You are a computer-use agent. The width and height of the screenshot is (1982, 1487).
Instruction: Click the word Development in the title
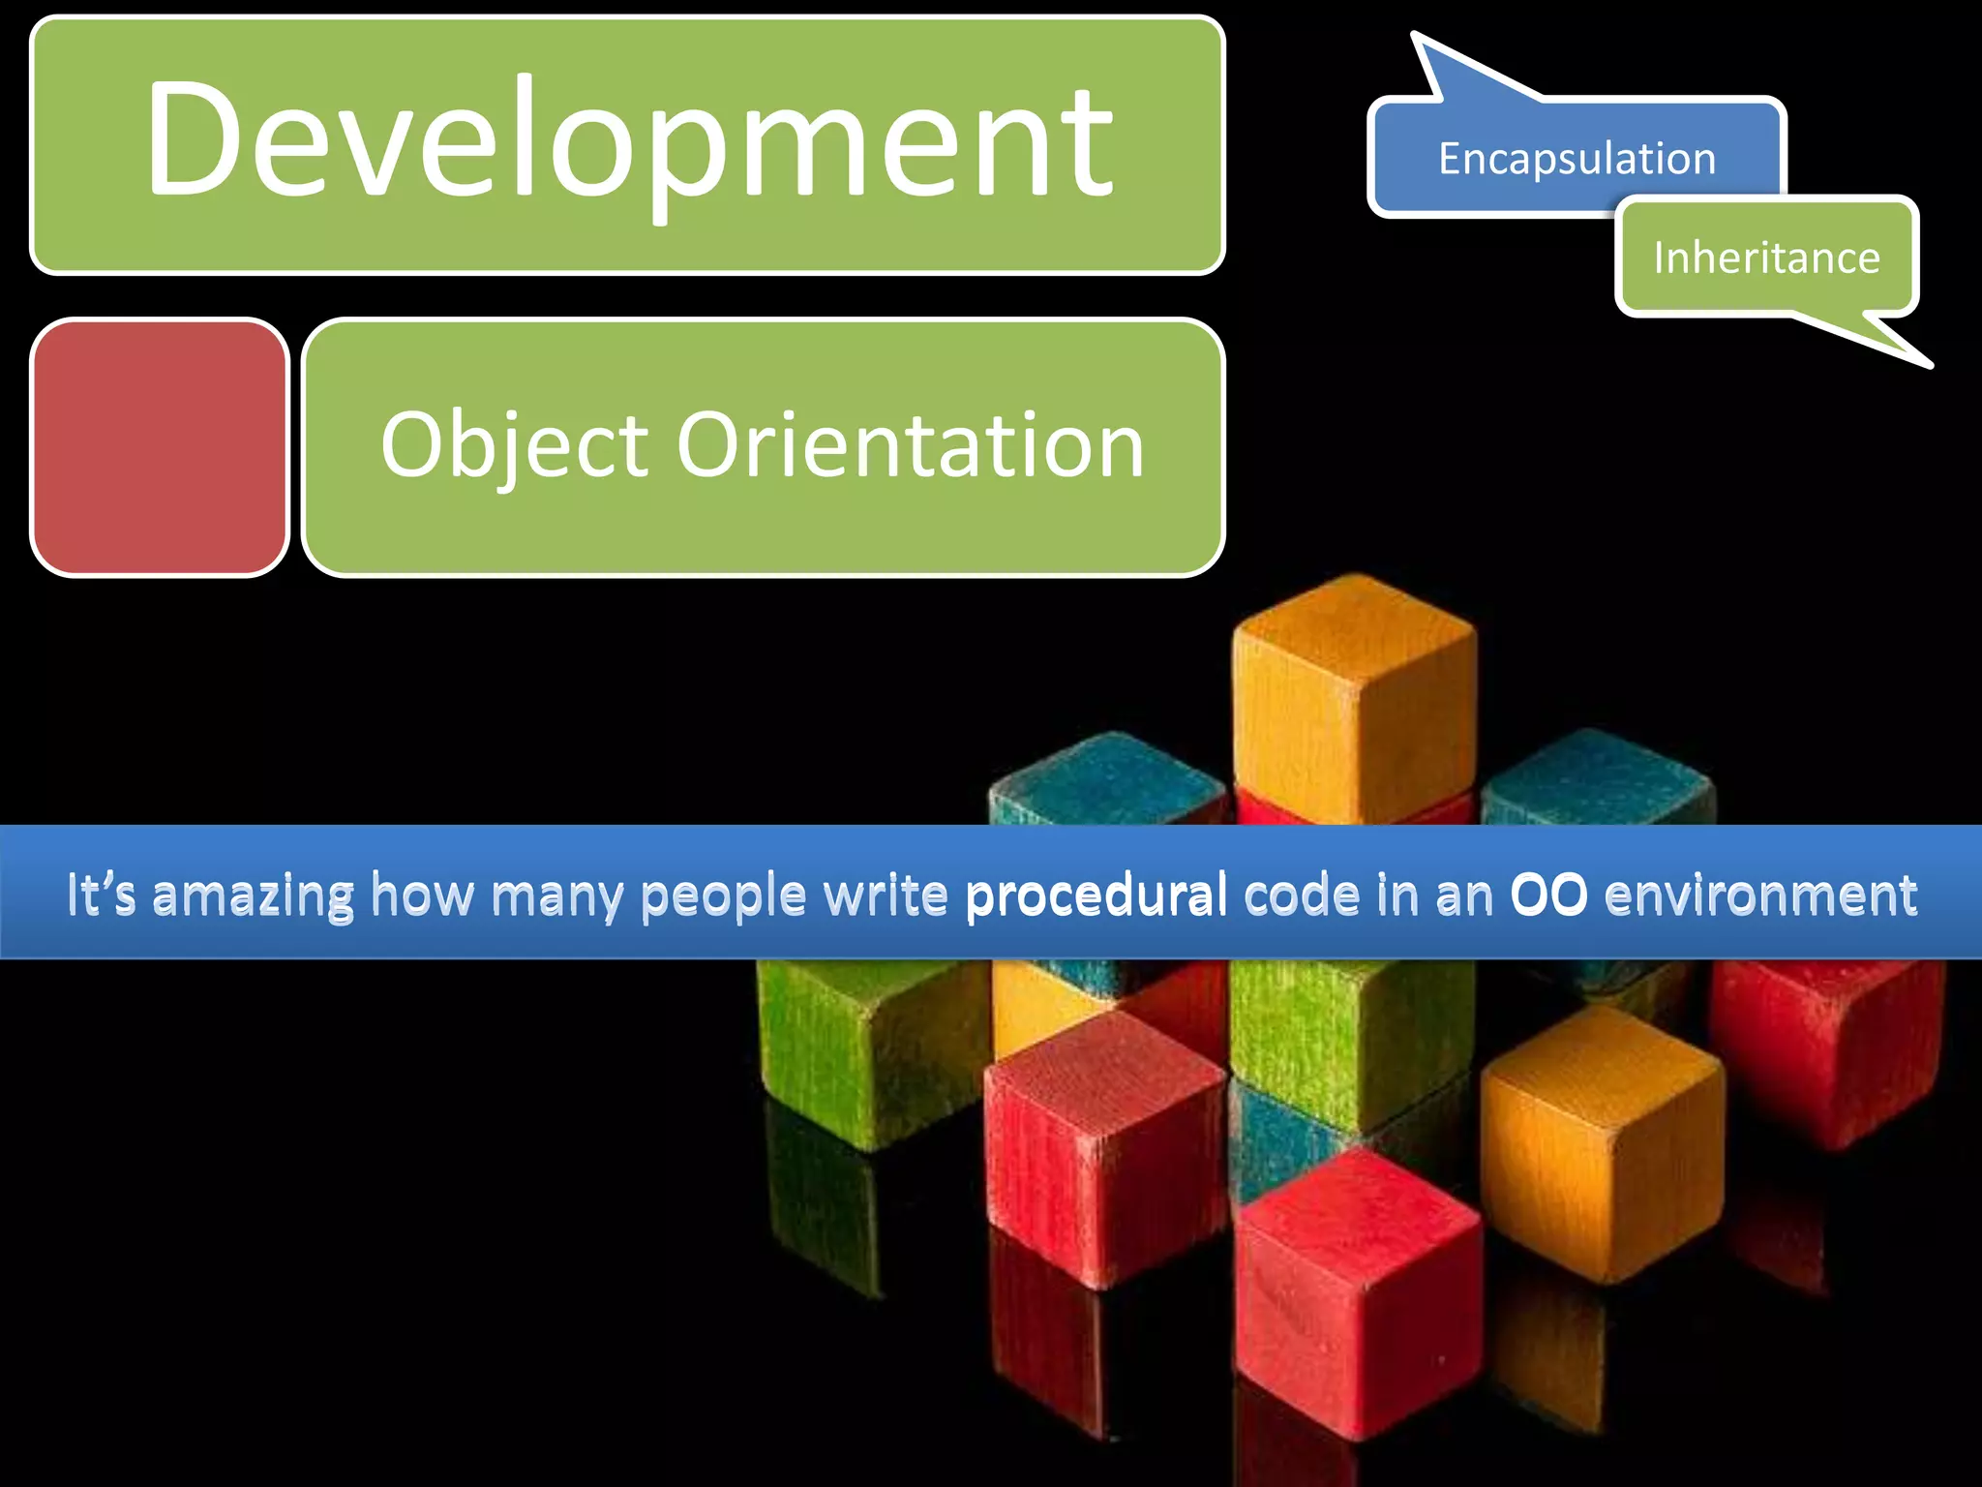coord(629,140)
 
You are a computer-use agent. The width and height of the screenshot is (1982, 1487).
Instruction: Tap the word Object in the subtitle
coord(514,445)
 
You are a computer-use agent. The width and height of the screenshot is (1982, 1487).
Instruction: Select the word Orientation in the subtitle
coord(910,445)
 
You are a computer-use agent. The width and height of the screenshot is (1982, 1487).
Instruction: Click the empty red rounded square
coord(160,447)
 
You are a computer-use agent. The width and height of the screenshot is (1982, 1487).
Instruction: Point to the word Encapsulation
coord(1577,159)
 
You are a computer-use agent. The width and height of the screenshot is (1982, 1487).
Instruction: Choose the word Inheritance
coord(1766,258)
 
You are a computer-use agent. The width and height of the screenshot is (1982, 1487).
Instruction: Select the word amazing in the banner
coord(254,896)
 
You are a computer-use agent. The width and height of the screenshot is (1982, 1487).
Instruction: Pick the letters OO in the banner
coord(1548,895)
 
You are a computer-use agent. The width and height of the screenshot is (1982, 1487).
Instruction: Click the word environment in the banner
coord(1760,895)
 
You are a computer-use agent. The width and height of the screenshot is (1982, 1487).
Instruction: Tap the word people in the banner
coord(722,896)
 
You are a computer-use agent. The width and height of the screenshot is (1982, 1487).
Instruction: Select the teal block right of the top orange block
coord(1597,779)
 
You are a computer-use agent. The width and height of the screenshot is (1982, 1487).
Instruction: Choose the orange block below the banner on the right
coord(1602,1142)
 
